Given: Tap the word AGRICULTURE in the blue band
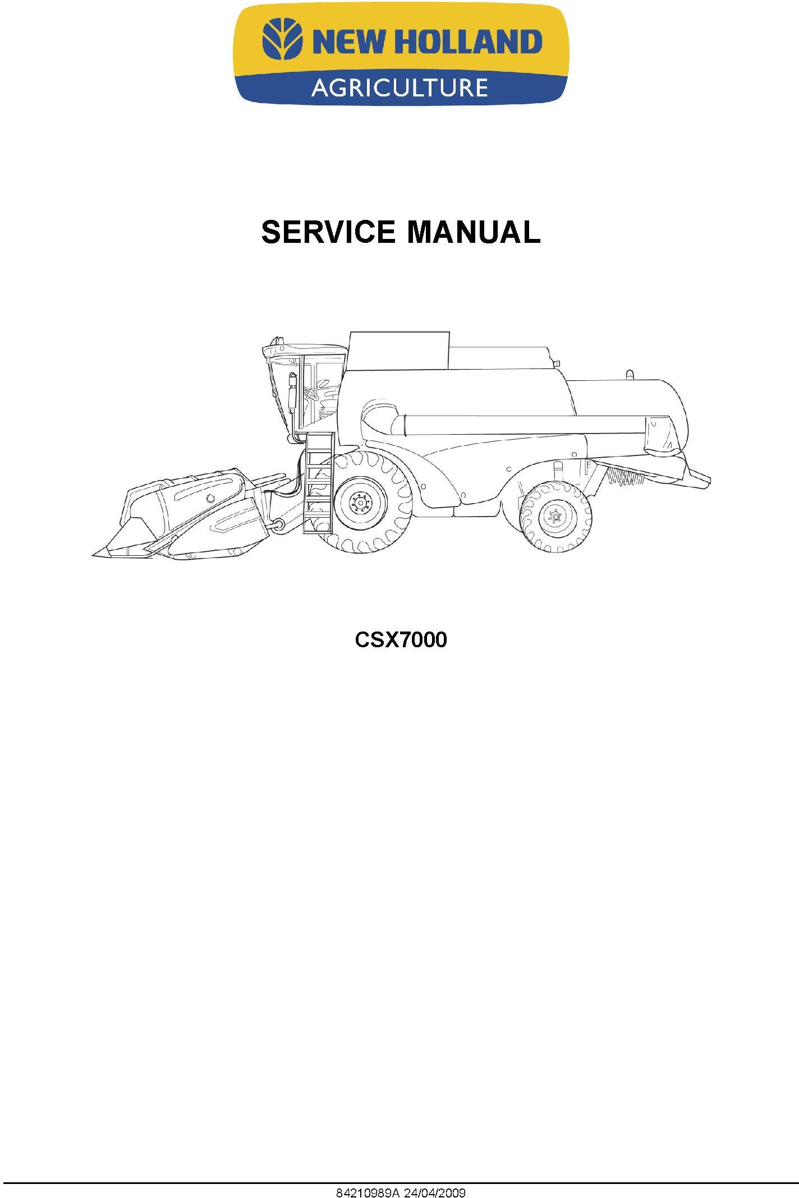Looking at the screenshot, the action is pos(399,88).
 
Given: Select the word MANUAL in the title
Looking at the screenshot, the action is pos(474,232).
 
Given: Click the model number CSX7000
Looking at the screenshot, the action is pos(401,640).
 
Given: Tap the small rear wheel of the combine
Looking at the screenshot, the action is pos(555,517).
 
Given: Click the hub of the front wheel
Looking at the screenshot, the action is pos(360,503).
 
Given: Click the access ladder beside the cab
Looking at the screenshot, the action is pos(319,482).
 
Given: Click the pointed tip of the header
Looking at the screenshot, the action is pos(94,555).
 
